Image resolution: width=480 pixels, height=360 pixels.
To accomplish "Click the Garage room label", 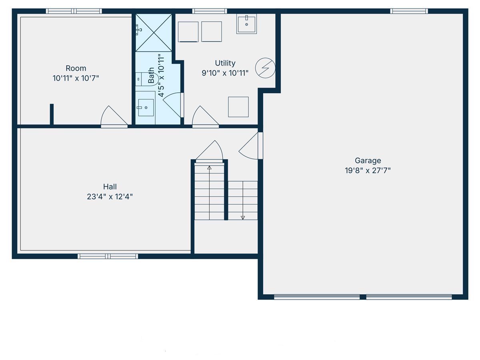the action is [x=368, y=160].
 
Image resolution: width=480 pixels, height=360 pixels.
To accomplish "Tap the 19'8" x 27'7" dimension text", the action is [x=368, y=170].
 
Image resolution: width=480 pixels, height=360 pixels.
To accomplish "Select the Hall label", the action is [x=110, y=187].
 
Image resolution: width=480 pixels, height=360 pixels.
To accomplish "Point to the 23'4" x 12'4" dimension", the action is [x=110, y=197].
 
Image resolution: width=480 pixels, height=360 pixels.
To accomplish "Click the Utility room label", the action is [x=225, y=63].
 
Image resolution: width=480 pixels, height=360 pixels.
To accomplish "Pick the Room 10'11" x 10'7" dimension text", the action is [x=76, y=78].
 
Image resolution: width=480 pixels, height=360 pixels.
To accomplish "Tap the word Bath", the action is [x=151, y=76].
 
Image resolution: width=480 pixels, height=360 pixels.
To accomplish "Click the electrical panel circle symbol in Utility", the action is [x=265, y=68].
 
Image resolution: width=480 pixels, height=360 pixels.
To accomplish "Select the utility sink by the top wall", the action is [x=246, y=24].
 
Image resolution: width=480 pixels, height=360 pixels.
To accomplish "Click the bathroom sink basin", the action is [x=146, y=108].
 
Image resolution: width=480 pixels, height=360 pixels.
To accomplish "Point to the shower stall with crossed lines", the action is [x=154, y=33].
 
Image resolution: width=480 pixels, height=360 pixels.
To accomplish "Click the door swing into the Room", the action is [x=114, y=116].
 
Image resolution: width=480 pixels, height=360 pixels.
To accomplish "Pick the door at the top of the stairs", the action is [x=210, y=151].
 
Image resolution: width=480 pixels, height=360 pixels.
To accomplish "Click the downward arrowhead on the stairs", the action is [x=243, y=218].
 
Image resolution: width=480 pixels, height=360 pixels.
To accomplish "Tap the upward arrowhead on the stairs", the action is [x=209, y=168].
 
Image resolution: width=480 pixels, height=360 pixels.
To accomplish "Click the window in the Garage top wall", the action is [x=409, y=11].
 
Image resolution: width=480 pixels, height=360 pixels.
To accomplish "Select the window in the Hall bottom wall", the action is [x=108, y=256].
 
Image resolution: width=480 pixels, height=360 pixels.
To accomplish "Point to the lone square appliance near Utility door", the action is [x=238, y=107].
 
